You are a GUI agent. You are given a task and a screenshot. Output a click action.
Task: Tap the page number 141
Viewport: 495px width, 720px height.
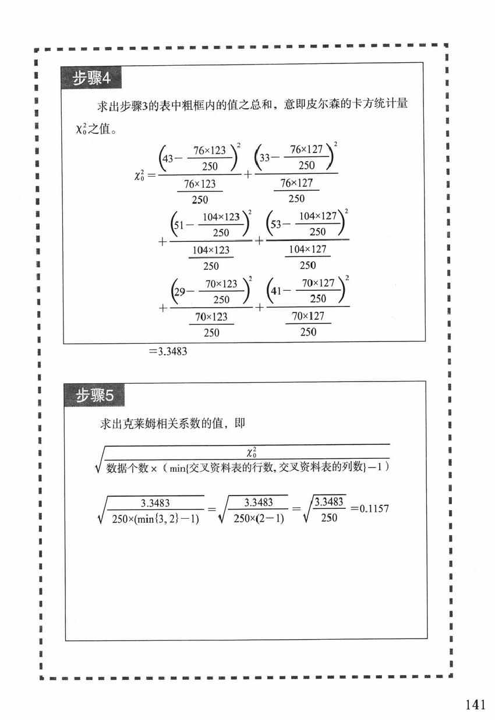point(475,705)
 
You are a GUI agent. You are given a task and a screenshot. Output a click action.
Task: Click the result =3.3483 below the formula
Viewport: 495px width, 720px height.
point(167,351)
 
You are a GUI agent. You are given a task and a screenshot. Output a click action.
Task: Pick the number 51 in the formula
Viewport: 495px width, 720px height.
point(181,224)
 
